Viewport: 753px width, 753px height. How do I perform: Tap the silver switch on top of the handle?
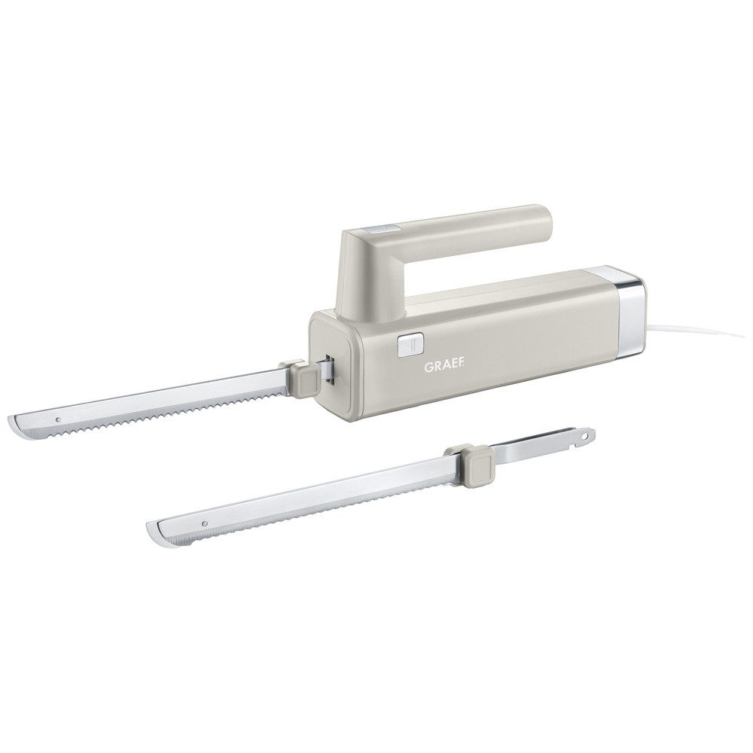(x=382, y=230)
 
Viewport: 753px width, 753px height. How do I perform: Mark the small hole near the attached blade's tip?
(x=58, y=419)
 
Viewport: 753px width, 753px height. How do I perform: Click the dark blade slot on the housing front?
(x=331, y=369)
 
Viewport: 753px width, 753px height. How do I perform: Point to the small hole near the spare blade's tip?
(x=205, y=522)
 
